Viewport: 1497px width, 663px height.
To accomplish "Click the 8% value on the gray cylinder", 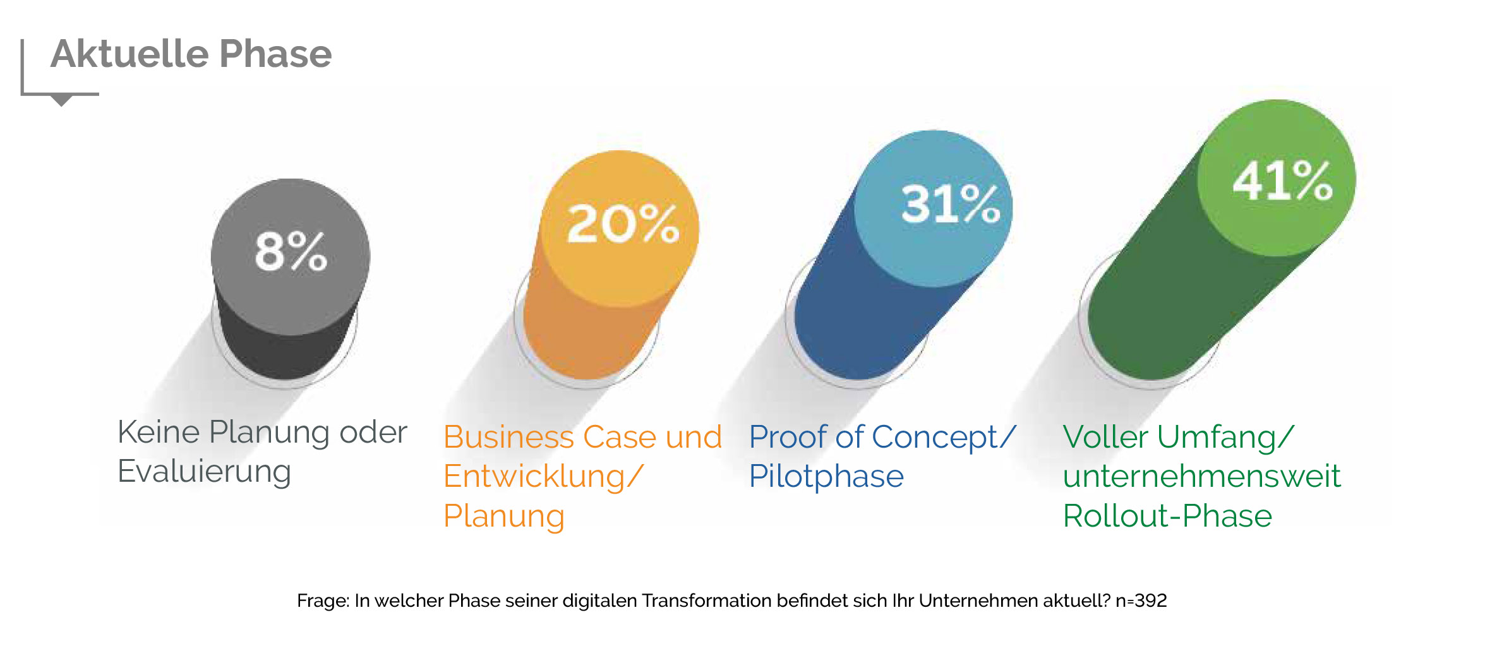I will (x=291, y=251).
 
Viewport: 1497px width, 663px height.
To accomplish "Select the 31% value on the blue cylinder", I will (x=951, y=204).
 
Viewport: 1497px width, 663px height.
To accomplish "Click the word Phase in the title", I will (x=275, y=54).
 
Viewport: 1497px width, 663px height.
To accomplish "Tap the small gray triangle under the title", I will (x=61, y=100).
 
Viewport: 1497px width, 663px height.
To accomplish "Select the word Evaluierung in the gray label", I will (x=204, y=472).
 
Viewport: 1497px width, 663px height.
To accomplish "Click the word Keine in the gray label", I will (x=159, y=433).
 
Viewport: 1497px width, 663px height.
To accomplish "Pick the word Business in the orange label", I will (x=508, y=437).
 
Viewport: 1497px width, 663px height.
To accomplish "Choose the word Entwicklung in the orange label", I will (x=534, y=477).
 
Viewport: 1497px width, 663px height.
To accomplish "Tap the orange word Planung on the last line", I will (x=503, y=517).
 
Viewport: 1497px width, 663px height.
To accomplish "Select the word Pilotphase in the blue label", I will (x=826, y=477).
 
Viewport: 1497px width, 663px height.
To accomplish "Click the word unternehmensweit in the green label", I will (x=1201, y=476).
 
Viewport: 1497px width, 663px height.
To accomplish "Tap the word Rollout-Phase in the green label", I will (x=1167, y=516).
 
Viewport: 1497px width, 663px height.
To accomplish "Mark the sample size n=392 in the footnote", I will (x=1141, y=600).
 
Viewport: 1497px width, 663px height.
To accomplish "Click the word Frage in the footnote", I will (x=322, y=600).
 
